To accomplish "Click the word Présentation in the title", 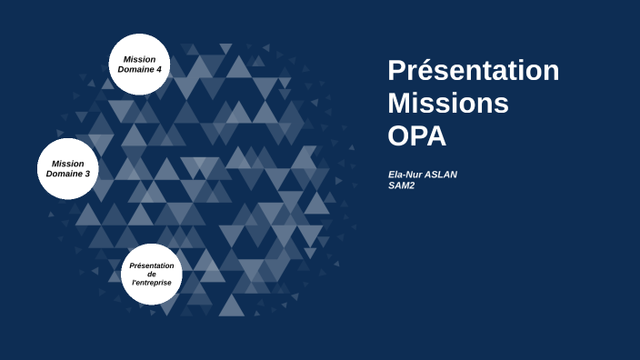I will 473,71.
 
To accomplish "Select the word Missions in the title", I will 447,104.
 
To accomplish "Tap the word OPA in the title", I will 417,135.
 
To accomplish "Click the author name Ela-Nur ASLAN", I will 422,175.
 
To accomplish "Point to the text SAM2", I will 401,185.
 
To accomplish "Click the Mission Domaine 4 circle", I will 140,65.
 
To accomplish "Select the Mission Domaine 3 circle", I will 68,168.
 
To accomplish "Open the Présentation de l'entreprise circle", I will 152,274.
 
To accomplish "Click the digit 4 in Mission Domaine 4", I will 158,70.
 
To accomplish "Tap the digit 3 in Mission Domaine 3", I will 86,174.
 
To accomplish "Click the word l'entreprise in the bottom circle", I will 152,283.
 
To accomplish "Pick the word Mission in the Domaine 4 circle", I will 140,59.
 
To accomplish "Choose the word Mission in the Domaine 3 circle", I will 68,163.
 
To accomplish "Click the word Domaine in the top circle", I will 135,70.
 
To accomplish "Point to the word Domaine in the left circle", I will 64,174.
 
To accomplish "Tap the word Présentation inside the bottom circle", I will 152,265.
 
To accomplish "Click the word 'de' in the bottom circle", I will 152,274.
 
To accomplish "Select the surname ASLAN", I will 441,175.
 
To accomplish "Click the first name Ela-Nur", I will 405,175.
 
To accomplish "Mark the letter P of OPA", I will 416,135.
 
